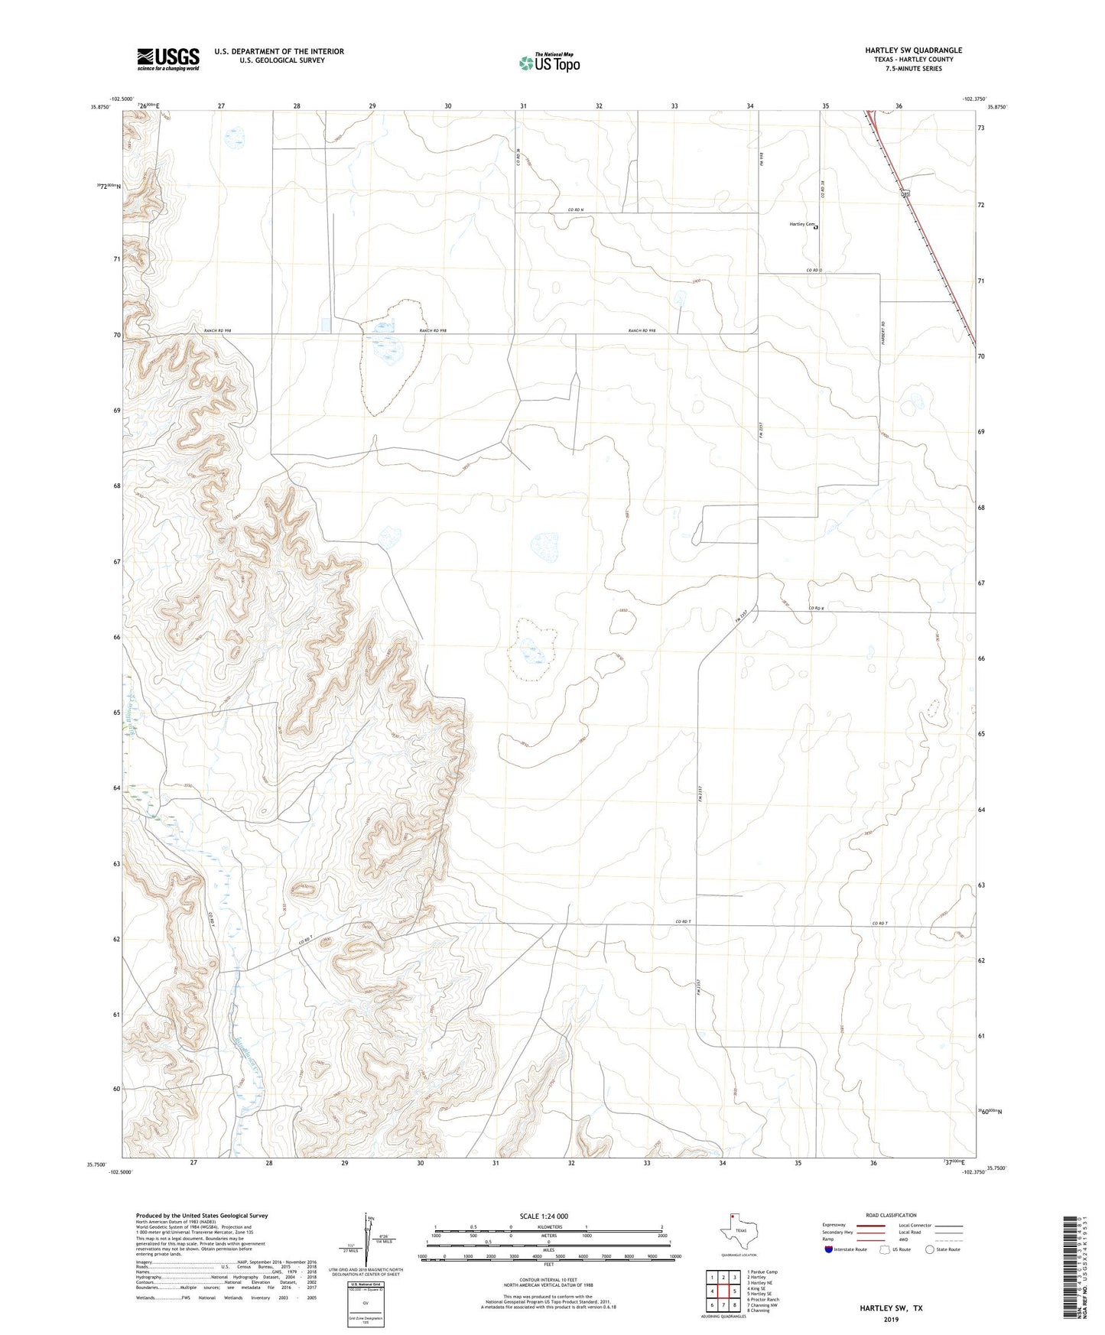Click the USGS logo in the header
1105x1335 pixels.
coord(168,59)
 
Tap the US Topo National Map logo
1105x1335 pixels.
coord(549,63)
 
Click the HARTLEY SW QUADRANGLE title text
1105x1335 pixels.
coord(914,50)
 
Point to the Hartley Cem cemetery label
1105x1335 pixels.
coord(801,225)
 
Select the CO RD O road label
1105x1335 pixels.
coord(814,271)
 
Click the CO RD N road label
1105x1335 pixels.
coord(575,210)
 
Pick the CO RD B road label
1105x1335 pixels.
coord(816,609)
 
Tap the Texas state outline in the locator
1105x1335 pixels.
coord(739,1232)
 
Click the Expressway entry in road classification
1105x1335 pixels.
coord(834,1225)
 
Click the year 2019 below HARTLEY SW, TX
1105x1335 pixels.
coord(891,1319)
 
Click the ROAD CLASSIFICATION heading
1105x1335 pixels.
coord(891,1215)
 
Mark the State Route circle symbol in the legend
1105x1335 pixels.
coord(930,1249)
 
